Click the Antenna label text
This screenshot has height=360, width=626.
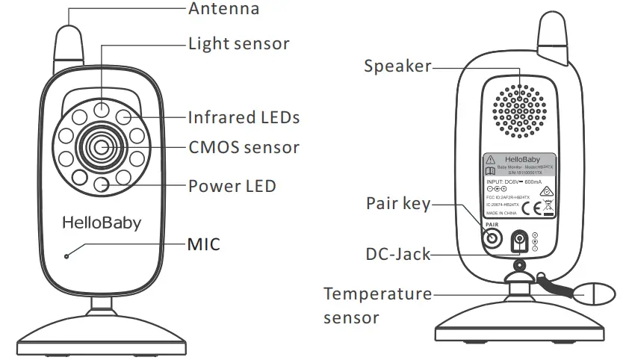[x=224, y=9]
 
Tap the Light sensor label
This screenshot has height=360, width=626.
[x=238, y=43]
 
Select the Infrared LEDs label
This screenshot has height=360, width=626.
[x=244, y=117]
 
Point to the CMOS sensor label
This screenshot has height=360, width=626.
[x=244, y=146]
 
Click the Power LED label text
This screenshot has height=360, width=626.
[x=232, y=185]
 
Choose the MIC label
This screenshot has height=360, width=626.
[x=204, y=243]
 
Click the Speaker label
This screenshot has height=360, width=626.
[x=397, y=66]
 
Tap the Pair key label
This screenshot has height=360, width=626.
[x=398, y=203]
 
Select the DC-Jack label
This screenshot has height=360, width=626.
[x=397, y=254]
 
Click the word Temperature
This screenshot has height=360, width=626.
[x=377, y=294]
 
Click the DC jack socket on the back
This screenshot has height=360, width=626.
[x=518, y=241]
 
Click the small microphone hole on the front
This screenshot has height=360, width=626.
[x=66, y=258]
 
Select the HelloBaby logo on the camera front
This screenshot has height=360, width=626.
[x=102, y=222]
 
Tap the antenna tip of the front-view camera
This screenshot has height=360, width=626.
[x=69, y=34]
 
